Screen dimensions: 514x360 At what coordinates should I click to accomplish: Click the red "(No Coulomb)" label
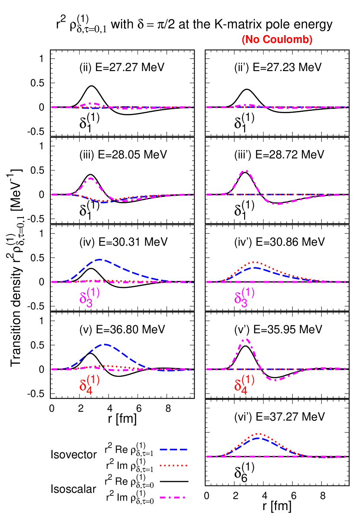(x=277, y=40)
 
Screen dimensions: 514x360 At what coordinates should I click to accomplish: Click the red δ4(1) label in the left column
(x=89, y=383)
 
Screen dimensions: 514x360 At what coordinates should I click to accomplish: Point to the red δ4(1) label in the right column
(x=244, y=383)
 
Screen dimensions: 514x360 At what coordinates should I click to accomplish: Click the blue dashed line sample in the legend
(x=173, y=449)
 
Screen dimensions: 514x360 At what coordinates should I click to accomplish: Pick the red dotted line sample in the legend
(x=173, y=465)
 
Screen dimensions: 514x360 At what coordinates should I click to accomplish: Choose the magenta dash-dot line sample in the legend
(x=173, y=498)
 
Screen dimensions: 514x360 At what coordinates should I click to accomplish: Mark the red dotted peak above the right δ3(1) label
(x=255, y=262)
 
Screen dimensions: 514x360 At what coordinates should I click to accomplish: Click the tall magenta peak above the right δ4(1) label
(x=246, y=339)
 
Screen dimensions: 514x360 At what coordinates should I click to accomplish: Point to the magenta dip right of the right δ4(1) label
(x=273, y=380)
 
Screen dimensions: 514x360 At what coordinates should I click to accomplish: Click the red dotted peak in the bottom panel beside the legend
(x=259, y=433)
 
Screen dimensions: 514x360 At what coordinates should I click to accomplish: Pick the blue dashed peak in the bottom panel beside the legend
(x=259, y=438)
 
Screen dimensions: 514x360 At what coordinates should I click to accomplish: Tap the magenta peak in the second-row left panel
(x=91, y=178)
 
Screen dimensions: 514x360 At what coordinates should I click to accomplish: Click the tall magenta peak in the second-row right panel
(x=245, y=170)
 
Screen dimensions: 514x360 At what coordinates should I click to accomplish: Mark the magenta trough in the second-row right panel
(x=278, y=204)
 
